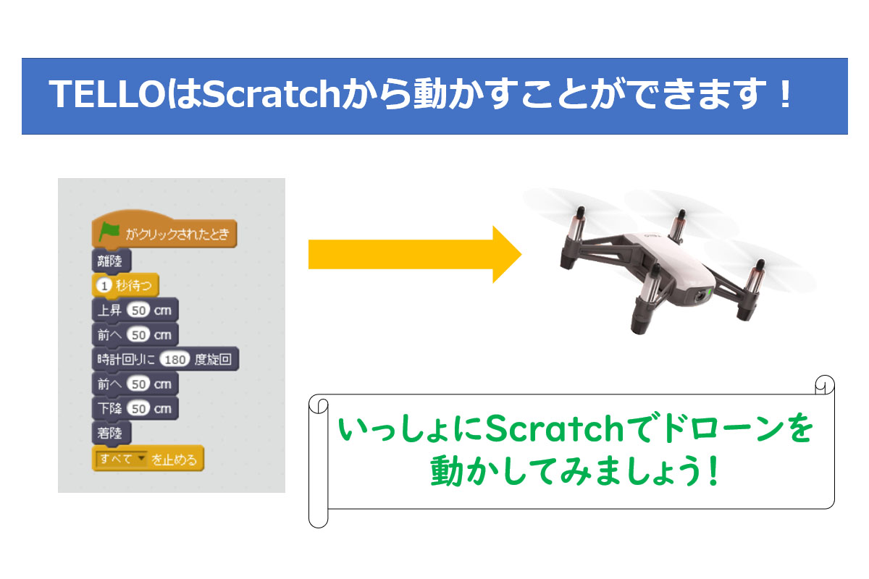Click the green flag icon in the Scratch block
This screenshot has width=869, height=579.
[109, 232]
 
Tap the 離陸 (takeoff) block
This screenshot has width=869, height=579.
[112, 261]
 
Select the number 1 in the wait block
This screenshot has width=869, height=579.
[104, 286]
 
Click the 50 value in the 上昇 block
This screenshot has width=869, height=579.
[138, 310]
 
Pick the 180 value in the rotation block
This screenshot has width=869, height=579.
[175, 360]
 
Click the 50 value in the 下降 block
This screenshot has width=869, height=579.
[138, 409]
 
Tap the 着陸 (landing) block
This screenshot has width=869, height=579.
[112, 433]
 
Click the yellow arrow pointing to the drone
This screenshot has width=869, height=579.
[415, 255]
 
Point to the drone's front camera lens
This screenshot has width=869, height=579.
[700, 297]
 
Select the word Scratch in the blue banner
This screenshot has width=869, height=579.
[271, 94]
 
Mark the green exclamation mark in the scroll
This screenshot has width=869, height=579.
[713, 470]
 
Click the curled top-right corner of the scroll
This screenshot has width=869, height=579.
[825, 385]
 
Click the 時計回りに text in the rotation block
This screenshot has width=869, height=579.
[126, 360]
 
